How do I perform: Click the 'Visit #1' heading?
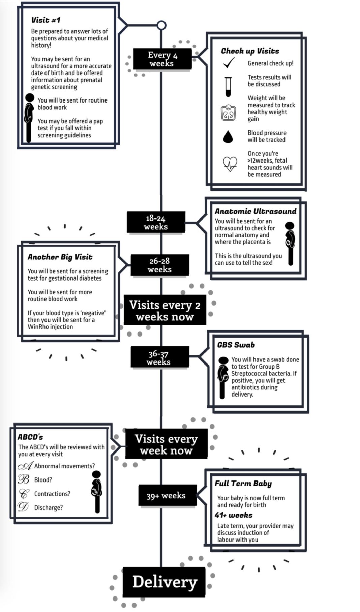(x=46, y=20)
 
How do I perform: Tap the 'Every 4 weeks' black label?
(x=162, y=59)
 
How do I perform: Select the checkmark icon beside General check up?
(x=229, y=63)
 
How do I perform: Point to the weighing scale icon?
(x=228, y=113)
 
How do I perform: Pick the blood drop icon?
(x=228, y=136)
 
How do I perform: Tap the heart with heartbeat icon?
(x=230, y=164)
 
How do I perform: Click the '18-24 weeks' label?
(x=156, y=222)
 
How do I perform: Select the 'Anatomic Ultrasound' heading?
(x=256, y=211)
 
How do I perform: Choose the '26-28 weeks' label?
(x=160, y=265)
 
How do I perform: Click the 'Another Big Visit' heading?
(x=60, y=257)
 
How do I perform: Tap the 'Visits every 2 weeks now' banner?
(x=165, y=310)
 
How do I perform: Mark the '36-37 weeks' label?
(x=158, y=357)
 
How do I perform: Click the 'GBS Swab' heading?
(x=236, y=345)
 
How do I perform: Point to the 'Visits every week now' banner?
(x=166, y=444)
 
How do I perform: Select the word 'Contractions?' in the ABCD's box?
(x=52, y=494)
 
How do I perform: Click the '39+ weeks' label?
(x=167, y=495)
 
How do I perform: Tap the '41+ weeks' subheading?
(x=234, y=515)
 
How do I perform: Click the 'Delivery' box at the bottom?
(x=164, y=582)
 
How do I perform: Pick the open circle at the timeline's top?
(x=162, y=25)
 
